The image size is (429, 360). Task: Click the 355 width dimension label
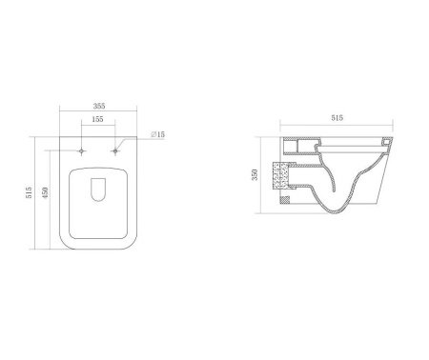(99, 106)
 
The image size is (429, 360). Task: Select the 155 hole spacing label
(97, 119)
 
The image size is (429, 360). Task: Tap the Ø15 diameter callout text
(157, 134)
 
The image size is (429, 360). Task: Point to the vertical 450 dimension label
(45, 192)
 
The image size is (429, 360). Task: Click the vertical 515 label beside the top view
(29, 192)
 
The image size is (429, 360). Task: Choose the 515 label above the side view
(337, 118)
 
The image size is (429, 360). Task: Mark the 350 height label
(255, 175)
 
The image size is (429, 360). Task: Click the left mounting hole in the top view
(82, 151)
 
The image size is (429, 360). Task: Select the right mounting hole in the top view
(115, 151)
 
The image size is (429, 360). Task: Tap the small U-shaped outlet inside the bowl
(98, 190)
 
